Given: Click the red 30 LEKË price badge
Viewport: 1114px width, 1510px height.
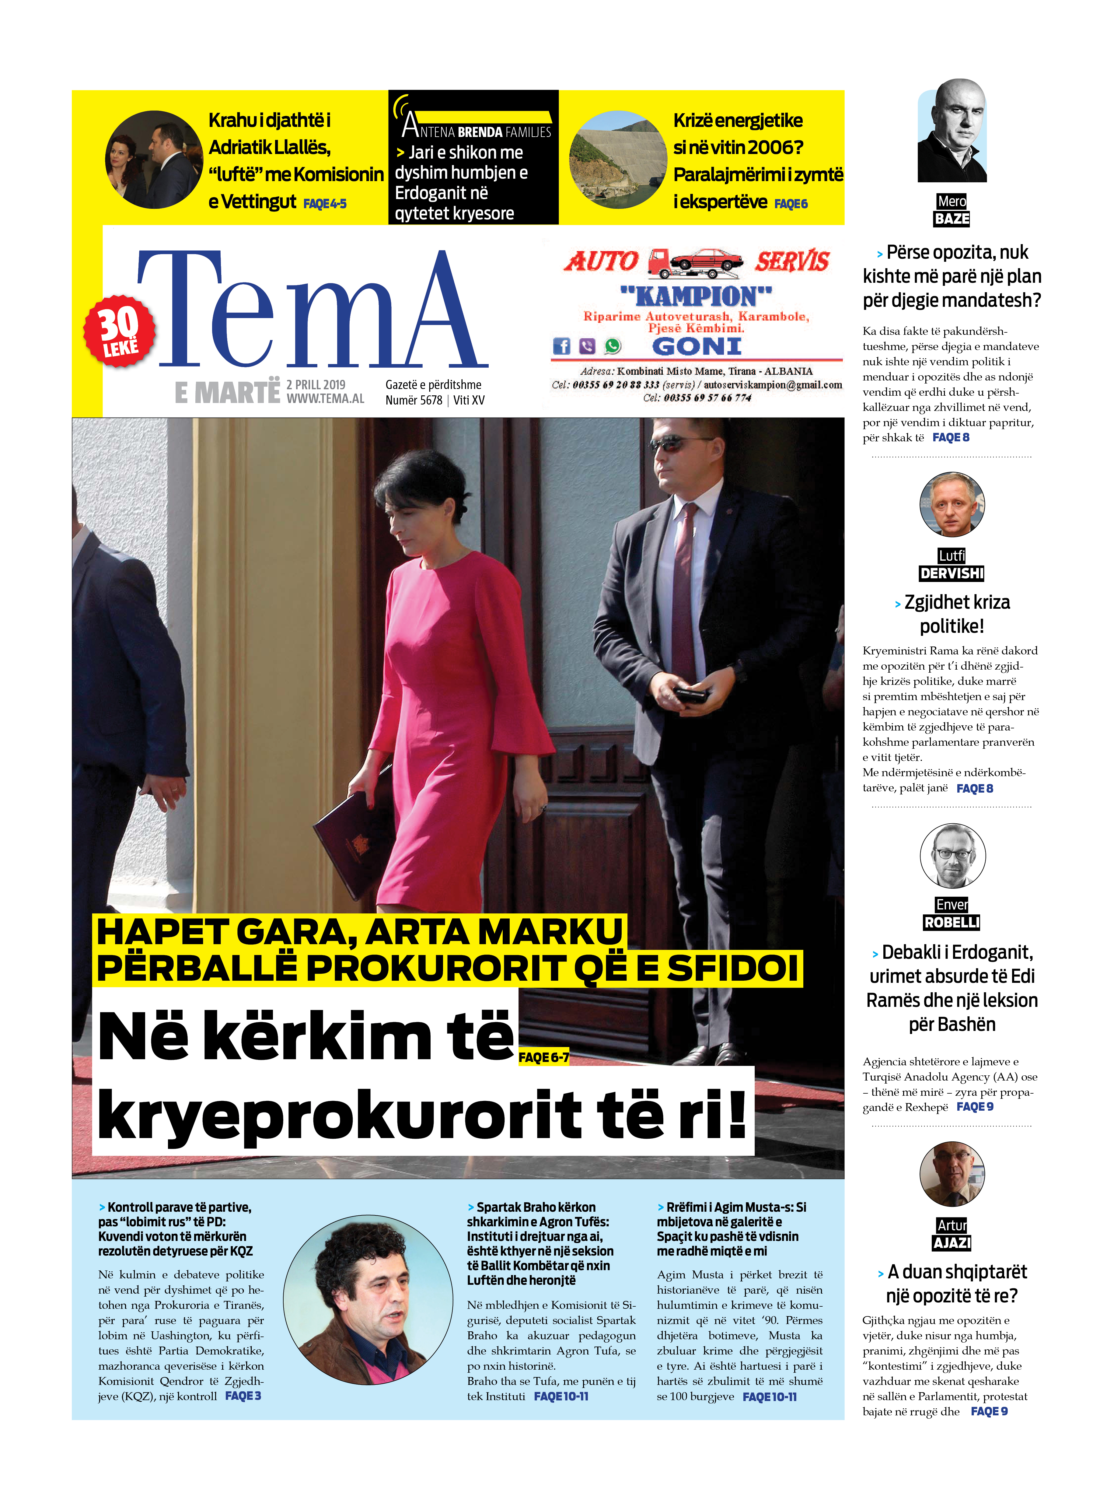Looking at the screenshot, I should point(119,331).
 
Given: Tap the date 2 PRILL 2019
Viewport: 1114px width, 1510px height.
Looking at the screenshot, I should point(316,384).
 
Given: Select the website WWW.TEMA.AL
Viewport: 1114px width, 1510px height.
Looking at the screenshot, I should point(325,398).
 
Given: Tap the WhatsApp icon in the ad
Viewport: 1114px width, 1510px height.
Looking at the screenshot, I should point(612,346).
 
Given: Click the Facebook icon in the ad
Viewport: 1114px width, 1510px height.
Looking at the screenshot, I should point(561,346).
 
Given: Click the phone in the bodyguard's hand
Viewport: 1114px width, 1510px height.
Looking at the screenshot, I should point(692,693).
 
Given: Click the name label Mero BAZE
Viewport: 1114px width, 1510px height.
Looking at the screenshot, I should point(952,210).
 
